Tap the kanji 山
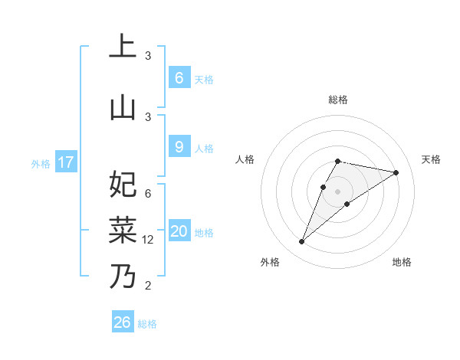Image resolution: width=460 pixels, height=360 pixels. (123, 107)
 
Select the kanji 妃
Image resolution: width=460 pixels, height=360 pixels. (123, 185)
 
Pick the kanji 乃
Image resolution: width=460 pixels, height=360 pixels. (123, 276)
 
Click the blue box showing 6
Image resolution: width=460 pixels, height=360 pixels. (179, 78)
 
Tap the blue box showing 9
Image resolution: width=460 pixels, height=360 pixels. (179, 147)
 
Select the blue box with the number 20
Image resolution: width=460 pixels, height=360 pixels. (179, 231)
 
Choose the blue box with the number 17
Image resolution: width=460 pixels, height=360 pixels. (66, 162)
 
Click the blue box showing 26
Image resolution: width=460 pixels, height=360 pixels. (122, 322)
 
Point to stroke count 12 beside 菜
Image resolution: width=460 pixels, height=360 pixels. (149, 240)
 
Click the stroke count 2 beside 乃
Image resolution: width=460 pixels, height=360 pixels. (149, 286)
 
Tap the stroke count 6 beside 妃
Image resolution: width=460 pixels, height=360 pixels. (148, 194)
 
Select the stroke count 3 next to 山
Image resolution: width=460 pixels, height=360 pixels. (148, 116)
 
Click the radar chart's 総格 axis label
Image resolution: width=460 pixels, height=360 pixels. (337, 100)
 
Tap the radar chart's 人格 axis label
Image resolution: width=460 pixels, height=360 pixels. (245, 159)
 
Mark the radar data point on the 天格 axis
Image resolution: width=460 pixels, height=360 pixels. (396, 172)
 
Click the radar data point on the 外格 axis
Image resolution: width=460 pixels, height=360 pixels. (302, 242)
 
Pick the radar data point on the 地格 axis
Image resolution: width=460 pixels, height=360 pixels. (347, 203)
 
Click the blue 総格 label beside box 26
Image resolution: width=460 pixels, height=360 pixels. (147, 324)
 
